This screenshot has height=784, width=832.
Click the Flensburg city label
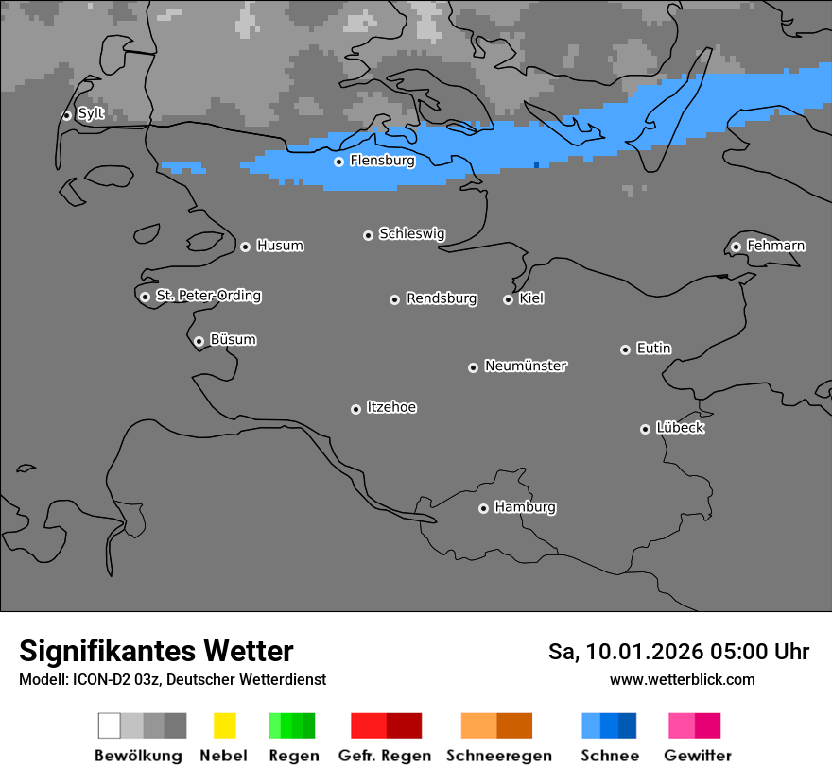pyautogui.click(x=382, y=161)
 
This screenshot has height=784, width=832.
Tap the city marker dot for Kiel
pyautogui.click(x=508, y=299)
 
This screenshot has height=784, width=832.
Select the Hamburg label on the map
pyautogui.click(x=525, y=507)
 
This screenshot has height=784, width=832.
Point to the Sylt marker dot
pyautogui.click(x=66, y=115)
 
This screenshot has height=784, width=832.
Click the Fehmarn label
pyautogui.click(x=775, y=246)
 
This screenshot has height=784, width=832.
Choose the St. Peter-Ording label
pyautogui.click(x=208, y=296)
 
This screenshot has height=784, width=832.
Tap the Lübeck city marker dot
pyautogui.click(x=645, y=429)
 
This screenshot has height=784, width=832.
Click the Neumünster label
pyautogui.click(x=526, y=366)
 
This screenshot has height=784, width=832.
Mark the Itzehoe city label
pyautogui.click(x=391, y=407)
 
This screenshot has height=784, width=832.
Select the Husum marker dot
pyautogui.click(x=245, y=247)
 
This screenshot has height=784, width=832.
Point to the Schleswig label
pyautogui.click(x=411, y=234)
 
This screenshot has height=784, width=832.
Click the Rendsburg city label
pyautogui.click(x=442, y=298)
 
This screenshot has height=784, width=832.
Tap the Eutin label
pyautogui.click(x=653, y=349)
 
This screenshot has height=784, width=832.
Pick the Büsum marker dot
pyautogui.click(x=199, y=341)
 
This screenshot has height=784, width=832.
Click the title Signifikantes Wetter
pyautogui.click(x=156, y=651)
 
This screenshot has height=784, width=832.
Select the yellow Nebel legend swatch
pyautogui.click(x=224, y=725)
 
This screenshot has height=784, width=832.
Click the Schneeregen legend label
pyautogui.click(x=498, y=756)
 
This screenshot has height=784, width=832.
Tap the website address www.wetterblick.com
pyautogui.click(x=682, y=679)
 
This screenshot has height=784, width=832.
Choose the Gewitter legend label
pyautogui.click(x=697, y=756)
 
